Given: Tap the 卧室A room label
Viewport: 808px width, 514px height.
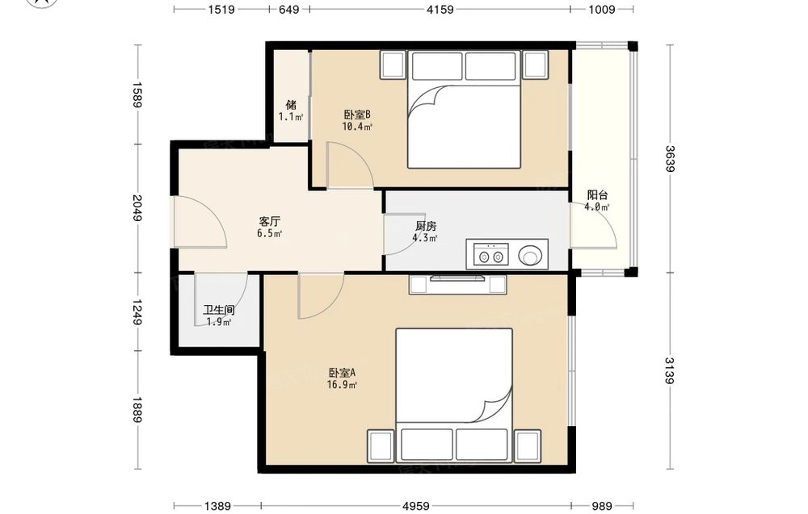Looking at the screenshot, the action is [342, 373].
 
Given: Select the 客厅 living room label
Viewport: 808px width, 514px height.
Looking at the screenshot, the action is [270, 222].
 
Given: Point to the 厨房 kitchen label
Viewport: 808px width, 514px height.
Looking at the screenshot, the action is [426, 226].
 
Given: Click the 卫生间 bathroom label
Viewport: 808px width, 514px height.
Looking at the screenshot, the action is [218, 310].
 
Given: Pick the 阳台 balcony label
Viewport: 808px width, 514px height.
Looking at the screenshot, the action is [597, 195].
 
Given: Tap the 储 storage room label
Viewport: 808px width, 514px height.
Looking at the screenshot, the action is [291, 104].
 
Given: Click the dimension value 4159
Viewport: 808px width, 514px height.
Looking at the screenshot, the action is [440, 9].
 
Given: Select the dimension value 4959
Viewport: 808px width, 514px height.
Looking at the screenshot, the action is [416, 506].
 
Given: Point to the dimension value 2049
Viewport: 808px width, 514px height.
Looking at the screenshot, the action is [137, 207].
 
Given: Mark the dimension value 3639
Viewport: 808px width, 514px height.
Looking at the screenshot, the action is [670, 159].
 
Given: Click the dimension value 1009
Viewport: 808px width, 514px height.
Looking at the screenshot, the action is [601, 9].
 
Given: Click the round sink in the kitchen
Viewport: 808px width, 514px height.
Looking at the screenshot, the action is [530, 255].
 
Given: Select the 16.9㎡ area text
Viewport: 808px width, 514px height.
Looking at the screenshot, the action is [342, 384].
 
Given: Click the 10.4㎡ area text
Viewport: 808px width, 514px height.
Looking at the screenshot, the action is [357, 127].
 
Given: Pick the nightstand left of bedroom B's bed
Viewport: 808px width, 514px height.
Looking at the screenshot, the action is [393, 65].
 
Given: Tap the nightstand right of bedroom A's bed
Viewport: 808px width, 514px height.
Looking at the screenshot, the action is [528, 446].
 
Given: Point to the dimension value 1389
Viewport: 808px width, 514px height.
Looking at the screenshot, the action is [217, 506].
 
